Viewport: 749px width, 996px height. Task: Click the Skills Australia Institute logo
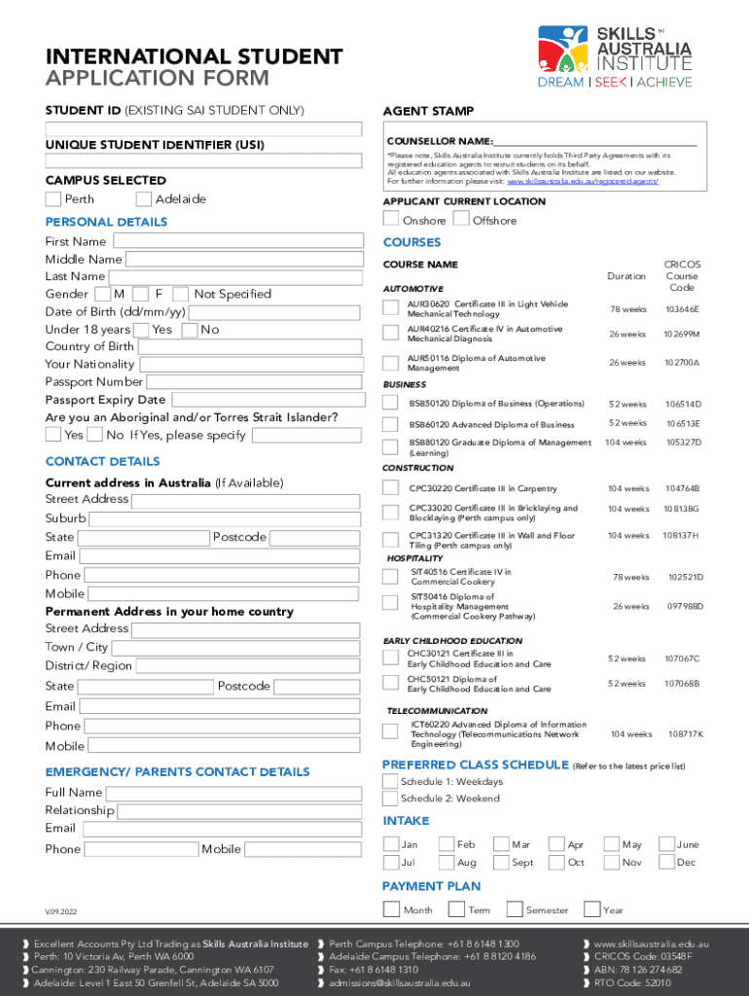pyautogui.click(x=615, y=54)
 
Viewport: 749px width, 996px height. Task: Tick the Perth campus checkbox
pyautogui.click(x=53, y=199)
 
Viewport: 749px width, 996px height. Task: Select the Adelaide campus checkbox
pyautogui.click(x=143, y=199)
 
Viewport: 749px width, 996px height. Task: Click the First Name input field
pyautogui.click(x=236, y=241)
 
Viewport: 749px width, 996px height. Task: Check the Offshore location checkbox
pyautogui.click(x=461, y=220)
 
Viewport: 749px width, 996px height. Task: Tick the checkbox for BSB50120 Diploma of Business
pyautogui.click(x=390, y=404)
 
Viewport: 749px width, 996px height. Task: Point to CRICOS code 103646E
pyautogui.click(x=682, y=309)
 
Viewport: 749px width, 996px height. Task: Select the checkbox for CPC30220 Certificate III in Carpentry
pyautogui.click(x=390, y=488)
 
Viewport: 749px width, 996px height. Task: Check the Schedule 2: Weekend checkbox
pyautogui.click(x=390, y=799)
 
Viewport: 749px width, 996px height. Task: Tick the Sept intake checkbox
pyautogui.click(x=501, y=863)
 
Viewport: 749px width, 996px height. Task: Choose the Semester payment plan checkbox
pyautogui.click(x=515, y=910)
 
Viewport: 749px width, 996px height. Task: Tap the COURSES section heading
pyautogui.click(x=411, y=242)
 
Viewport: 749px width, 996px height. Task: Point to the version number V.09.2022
pyautogui.click(x=65, y=911)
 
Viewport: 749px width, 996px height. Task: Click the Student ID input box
pyautogui.click(x=203, y=128)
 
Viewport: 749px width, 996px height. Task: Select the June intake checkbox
pyautogui.click(x=667, y=844)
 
